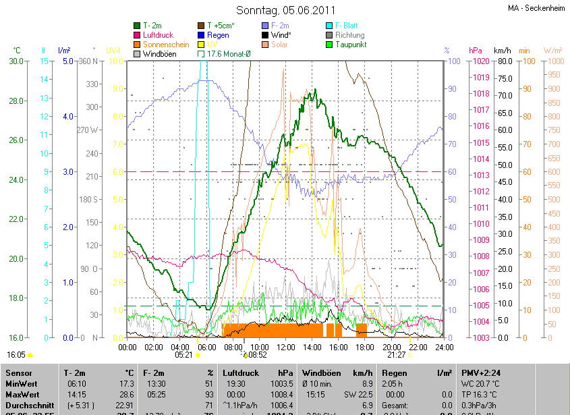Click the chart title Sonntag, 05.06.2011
pos(285,10)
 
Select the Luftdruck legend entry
pos(158,35)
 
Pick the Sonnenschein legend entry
pos(166,45)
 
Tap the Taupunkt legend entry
pos(350,45)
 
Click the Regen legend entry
pos(219,35)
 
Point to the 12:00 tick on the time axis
pos(286,347)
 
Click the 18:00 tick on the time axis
pos(365,347)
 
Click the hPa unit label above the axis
pos(476,51)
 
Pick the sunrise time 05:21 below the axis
pos(184,354)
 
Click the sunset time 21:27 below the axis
pos(397,354)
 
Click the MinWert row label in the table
pos(22,384)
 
